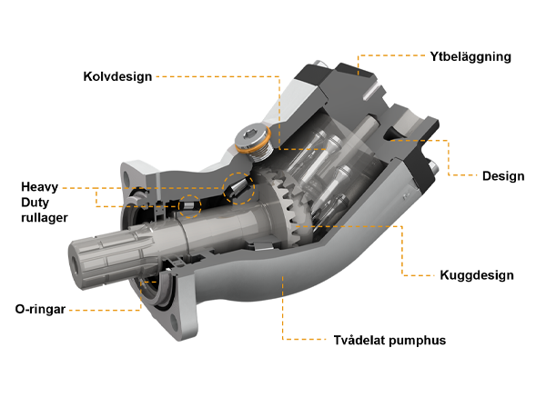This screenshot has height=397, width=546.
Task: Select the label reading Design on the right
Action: click(502, 176)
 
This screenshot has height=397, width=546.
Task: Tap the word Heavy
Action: click(40, 187)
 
